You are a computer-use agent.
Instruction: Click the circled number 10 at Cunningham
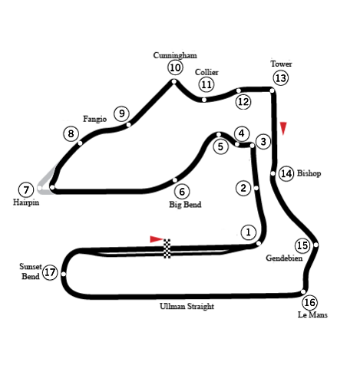[175, 67]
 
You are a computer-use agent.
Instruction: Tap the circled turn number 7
[26, 190]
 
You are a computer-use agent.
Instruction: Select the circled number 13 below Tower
[281, 78]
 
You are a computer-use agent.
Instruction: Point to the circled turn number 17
[50, 272]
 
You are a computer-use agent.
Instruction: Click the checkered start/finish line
[167, 248]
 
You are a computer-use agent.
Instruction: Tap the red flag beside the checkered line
[157, 239]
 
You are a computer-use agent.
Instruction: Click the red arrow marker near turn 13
[283, 128]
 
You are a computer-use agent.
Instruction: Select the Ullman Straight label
[187, 306]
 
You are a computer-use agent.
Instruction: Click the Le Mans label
[312, 314]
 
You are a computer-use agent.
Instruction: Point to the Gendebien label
[284, 258]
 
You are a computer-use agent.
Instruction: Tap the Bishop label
[309, 173]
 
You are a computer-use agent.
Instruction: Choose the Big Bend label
[185, 205]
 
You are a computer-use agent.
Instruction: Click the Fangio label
[94, 119]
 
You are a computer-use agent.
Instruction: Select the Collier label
[206, 72]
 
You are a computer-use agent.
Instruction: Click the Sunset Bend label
[31, 271]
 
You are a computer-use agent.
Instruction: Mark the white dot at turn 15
[316, 245]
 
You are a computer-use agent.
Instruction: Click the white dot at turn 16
[303, 291]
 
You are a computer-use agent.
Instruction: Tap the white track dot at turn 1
[259, 243]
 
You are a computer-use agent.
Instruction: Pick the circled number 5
[220, 146]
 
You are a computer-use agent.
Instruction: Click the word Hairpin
[26, 202]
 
